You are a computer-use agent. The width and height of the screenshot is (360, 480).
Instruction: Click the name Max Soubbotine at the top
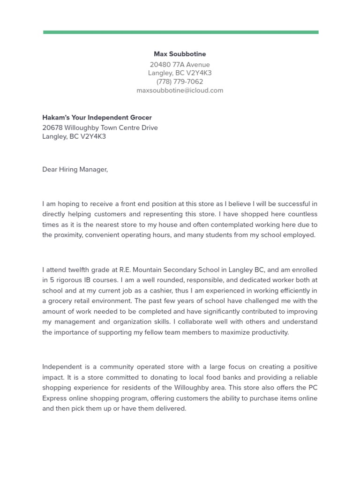pyautogui.click(x=180, y=54)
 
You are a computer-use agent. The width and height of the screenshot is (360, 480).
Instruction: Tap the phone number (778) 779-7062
pyautogui.click(x=180, y=82)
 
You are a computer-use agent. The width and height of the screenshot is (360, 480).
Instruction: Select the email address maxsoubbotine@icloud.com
pyautogui.click(x=180, y=90)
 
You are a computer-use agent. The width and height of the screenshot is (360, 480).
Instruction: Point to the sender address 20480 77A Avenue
pyautogui.click(x=180, y=65)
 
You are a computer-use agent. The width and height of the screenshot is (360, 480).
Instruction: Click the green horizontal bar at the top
pyautogui.click(x=180, y=32)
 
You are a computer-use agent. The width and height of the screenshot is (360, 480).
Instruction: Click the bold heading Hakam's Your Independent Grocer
pyautogui.click(x=97, y=118)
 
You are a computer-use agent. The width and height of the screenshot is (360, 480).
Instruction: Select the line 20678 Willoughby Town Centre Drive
pyautogui.click(x=100, y=127)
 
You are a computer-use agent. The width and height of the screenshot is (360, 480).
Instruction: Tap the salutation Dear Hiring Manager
pyautogui.click(x=75, y=169)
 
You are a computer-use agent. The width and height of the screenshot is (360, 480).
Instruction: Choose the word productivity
pyautogui.click(x=269, y=332)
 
